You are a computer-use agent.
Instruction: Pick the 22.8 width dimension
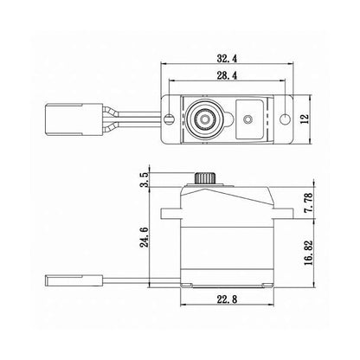coord(227,300)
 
